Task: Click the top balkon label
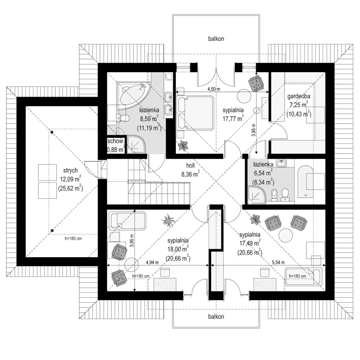click(x=216, y=39)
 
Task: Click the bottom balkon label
click(x=216, y=316)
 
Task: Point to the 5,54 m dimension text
click(x=279, y=262)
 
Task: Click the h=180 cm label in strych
click(x=72, y=239)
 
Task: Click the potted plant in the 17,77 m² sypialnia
click(x=184, y=145)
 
